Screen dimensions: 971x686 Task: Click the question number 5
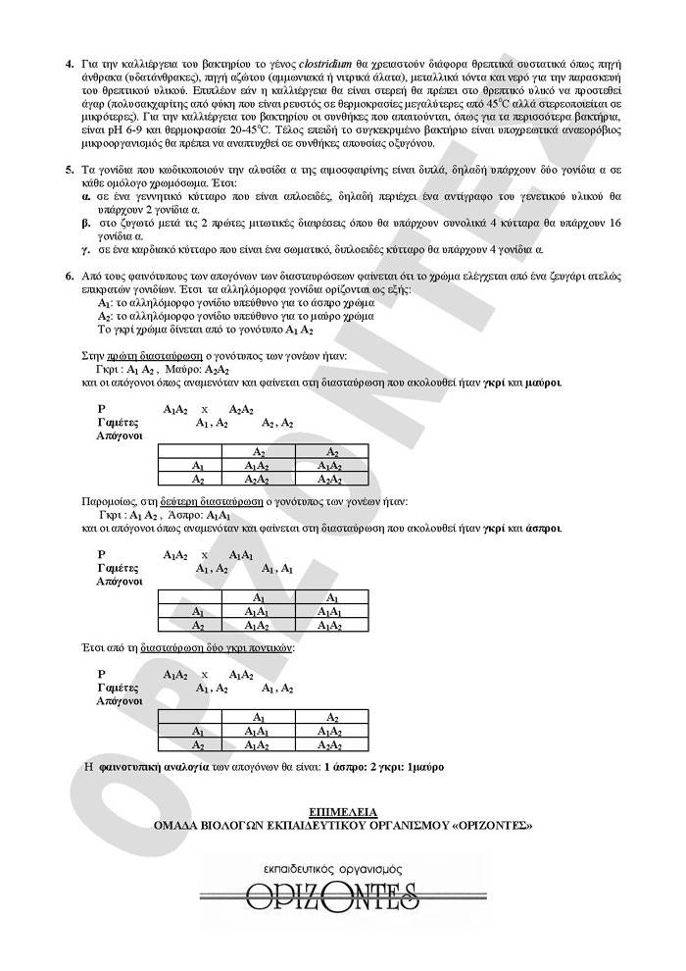(70, 170)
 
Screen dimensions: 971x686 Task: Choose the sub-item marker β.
(86, 223)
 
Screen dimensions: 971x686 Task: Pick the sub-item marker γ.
(86, 250)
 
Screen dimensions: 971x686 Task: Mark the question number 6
(70, 277)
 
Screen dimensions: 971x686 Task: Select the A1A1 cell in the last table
(258, 732)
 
